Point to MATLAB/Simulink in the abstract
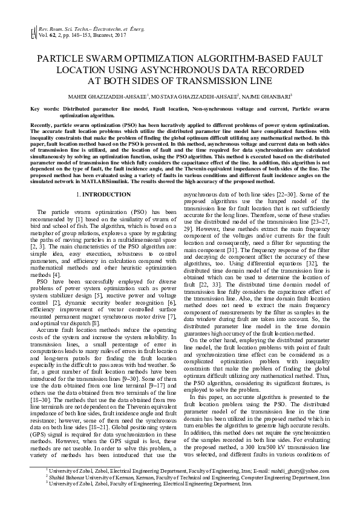click(144, 180)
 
